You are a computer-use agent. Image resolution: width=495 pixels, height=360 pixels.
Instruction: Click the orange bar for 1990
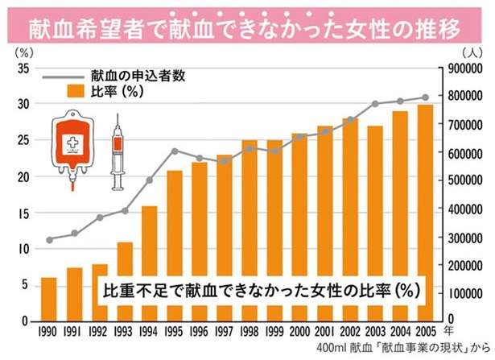[49, 299]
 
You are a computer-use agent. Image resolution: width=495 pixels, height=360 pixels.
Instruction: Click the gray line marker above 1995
[173, 151]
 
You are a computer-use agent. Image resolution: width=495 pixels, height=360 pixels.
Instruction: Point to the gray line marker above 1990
[49, 240]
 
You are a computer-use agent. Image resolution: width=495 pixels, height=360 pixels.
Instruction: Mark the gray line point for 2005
[425, 97]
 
